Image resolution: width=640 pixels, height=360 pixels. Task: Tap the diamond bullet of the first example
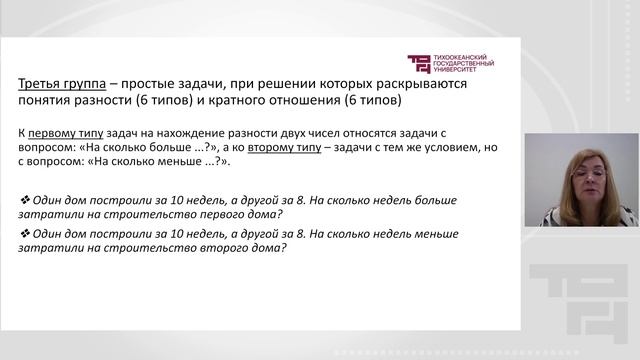pyautogui.click(x=24, y=200)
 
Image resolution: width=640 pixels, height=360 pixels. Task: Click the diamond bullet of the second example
pyautogui.click(x=24, y=233)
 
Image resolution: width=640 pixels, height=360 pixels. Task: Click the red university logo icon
pyautogui.click(x=418, y=63)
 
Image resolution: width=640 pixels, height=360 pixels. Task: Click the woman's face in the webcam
pyautogui.click(x=585, y=179)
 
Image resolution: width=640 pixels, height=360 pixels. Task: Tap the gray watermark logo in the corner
pyautogui.click(x=580, y=305)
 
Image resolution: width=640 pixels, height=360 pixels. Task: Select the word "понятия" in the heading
pyautogui.click(x=47, y=100)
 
